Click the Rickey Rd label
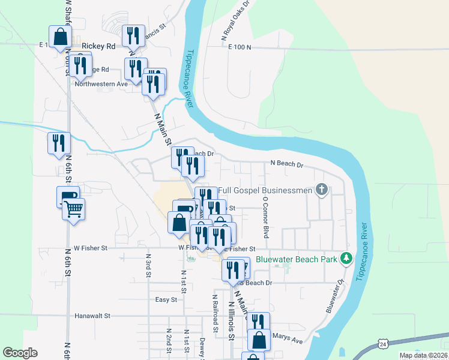[x=98, y=46]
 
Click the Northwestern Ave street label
[x=101, y=84]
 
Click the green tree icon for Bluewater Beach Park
[x=346, y=259]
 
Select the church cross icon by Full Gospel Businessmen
[x=322, y=191]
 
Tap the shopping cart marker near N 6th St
[x=73, y=210]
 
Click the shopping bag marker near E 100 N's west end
[x=60, y=37]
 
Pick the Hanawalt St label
[x=93, y=315]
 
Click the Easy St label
[x=166, y=299]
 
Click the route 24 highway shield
[x=383, y=343]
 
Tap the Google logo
[x=20, y=353]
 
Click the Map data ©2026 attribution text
[x=423, y=355]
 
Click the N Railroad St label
[x=214, y=313]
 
